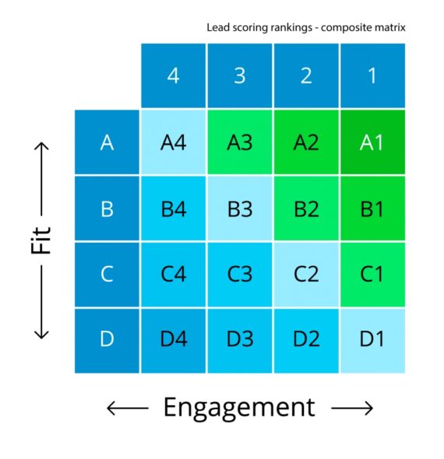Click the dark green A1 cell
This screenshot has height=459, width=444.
pyautogui.click(x=372, y=142)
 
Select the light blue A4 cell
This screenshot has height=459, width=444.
pyautogui.click(x=173, y=142)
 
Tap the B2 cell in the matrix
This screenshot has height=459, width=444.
pyautogui.click(x=306, y=208)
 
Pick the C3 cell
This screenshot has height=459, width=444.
pyautogui.click(x=240, y=275)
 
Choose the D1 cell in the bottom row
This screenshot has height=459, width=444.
pyautogui.click(x=372, y=340)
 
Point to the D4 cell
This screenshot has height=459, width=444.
pyautogui.click(x=173, y=340)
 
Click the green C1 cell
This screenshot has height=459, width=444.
pyautogui.click(x=372, y=275)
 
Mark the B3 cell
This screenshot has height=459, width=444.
pyautogui.click(x=240, y=208)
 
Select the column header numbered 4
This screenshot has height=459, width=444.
pyautogui.click(x=173, y=75)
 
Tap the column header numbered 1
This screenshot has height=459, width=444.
pyautogui.click(x=372, y=75)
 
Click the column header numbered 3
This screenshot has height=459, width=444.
pyautogui.click(x=240, y=75)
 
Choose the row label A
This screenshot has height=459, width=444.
pyautogui.click(x=107, y=142)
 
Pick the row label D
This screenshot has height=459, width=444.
pyautogui.click(x=107, y=340)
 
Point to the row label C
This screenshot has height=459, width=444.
pyautogui.click(x=107, y=275)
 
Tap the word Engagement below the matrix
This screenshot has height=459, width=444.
pyautogui.click(x=239, y=407)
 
